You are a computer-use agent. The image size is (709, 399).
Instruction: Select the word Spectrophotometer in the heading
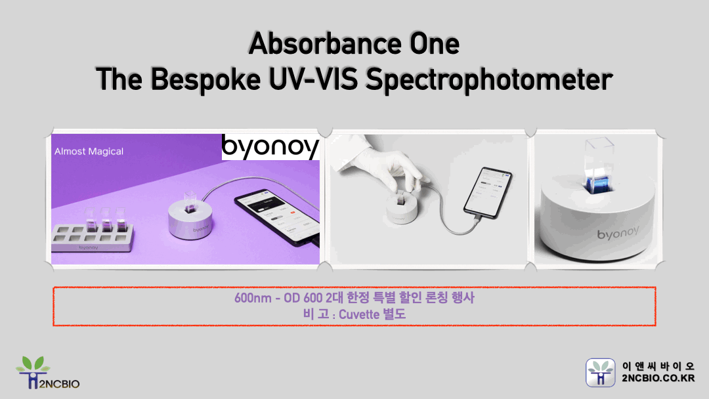[488, 79]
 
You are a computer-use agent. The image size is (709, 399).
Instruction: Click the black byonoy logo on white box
[270, 147]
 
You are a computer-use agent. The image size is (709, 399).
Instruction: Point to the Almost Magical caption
[89, 152]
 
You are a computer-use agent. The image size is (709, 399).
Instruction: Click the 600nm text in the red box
[251, 298]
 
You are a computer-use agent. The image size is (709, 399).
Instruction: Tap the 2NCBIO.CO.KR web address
[658, 378]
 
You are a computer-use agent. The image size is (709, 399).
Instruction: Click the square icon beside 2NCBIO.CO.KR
[601, 373]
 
